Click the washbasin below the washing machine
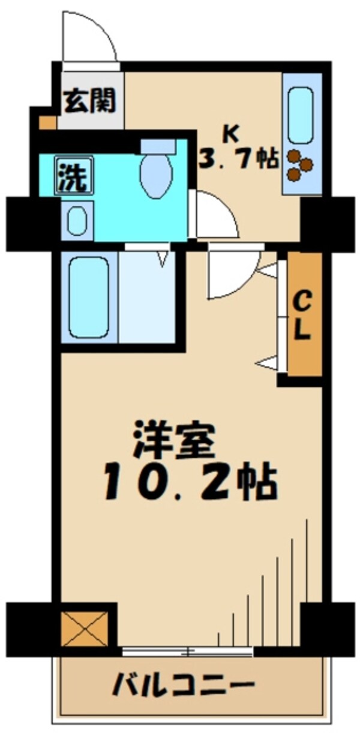click(77, 220)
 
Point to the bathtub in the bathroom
click(89, 298)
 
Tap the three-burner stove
click(299, 165)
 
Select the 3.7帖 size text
click(239, 158)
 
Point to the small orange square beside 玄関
click(48, 123)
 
